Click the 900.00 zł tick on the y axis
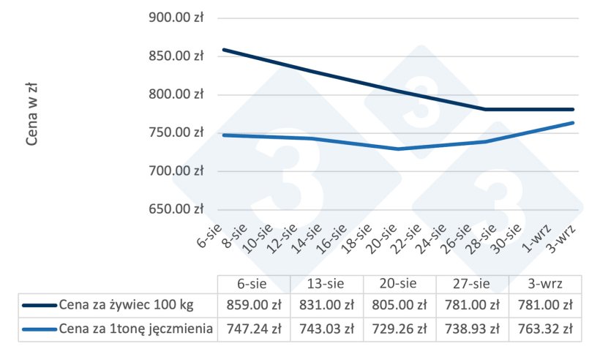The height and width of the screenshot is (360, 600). pyautogui.click(x=176, y=18)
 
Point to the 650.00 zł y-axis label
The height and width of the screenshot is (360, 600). pyautogui.click(x=176, y=209)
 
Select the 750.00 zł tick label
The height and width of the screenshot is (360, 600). pyautogui.click(x=176, y=132)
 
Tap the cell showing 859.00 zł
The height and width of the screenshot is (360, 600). pyautogui.click(x=254, y=306)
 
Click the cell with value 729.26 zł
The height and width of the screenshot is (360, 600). pyautogui.click(x=400, y=329)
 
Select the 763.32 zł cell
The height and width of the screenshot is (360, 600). pyautogui.click(x=545, y=329)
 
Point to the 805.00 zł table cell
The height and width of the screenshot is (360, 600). pyautogui.click(x=400, y=306)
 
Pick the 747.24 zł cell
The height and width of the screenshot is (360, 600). pyautogui.click(x=254, y=329)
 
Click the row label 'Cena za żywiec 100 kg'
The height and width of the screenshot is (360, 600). pyautogui.click(x=129, y=306)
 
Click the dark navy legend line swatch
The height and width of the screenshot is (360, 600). pyautogui.click(x=39, y=306)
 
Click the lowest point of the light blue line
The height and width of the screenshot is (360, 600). pyautogui.click(x=399, y=149)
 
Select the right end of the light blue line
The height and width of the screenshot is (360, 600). pyautogui.click(x=573, y=122)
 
